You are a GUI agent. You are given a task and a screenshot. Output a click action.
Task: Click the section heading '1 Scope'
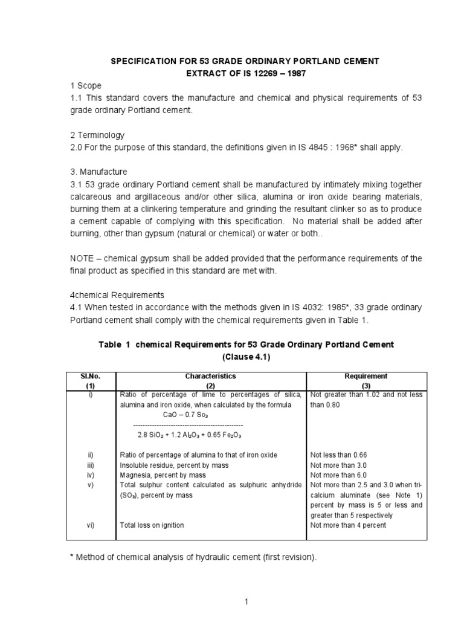click(x=85, y=86)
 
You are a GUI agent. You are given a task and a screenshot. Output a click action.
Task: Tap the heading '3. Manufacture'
click(x=97, y=172)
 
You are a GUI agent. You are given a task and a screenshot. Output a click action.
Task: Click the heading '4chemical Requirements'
click(x=115, y=295)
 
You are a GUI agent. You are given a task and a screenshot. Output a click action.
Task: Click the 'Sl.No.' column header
click(x=90, y=376)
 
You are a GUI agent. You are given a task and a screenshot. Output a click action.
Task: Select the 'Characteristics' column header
click(x=210, y=376)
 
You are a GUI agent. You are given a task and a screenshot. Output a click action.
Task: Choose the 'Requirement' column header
click(x=366, y=376)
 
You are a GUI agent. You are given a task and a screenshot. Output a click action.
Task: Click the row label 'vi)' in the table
click(x=91, y=525)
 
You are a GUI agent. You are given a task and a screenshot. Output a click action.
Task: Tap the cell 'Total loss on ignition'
click(x=152, y=525)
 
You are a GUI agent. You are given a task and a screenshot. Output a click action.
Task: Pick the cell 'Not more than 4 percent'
click(x=348, y=525)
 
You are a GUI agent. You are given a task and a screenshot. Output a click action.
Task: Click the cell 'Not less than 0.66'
click(x=338, y=455)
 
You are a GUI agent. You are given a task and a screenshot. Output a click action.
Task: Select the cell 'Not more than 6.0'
click(x=338, y=475)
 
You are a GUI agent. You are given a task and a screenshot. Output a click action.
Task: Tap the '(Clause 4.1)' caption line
click(x=246, y=357)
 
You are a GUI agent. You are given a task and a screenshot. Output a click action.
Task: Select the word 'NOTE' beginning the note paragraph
click(x=82, y=258)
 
